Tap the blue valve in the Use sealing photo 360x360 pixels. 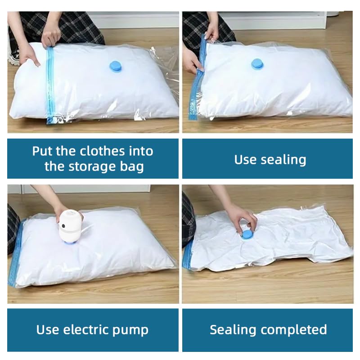click(258, 64)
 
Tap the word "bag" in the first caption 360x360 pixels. click(132, 167)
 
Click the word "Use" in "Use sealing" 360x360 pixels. click(245, 159)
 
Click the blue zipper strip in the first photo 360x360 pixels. click(50, 85)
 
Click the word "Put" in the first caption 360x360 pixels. click(43, 151)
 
